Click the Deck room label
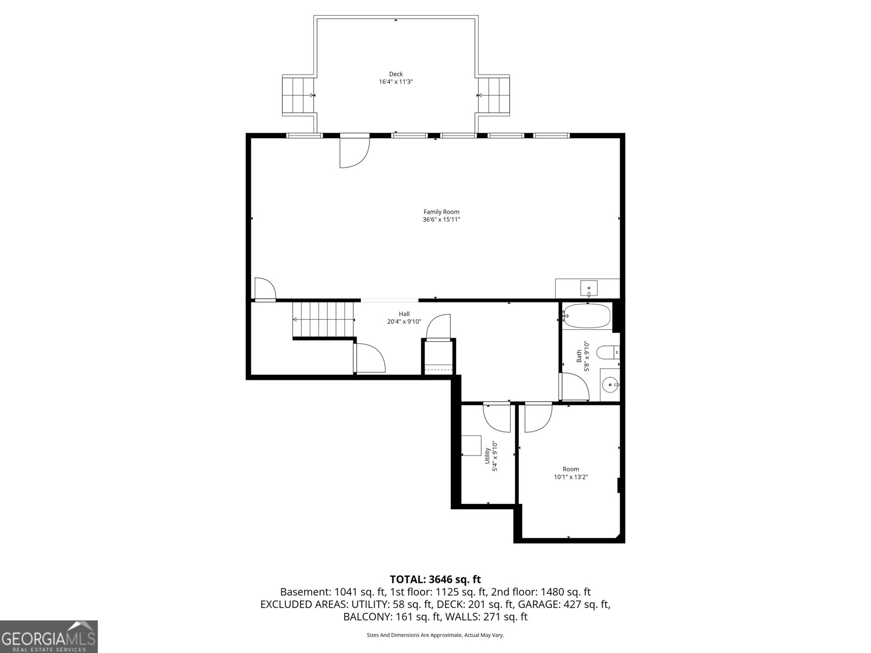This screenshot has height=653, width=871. (x=396, y=74)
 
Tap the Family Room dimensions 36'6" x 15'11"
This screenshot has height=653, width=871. (x=441, y=220)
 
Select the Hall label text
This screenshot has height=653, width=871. (x=404, y=314)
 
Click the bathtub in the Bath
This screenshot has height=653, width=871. (x=587, y=316)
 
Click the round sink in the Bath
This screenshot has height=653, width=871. (x=610, y=385)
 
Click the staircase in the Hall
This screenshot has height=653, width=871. (x=323, y=320)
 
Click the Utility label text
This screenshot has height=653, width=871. (x=487, y=456)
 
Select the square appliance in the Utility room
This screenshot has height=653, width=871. (x=471, y=445)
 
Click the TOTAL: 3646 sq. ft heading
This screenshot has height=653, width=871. (x=435, y=580)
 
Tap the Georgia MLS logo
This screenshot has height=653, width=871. (x=48, y=636)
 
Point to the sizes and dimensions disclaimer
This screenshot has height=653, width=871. (x=435, y=635)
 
